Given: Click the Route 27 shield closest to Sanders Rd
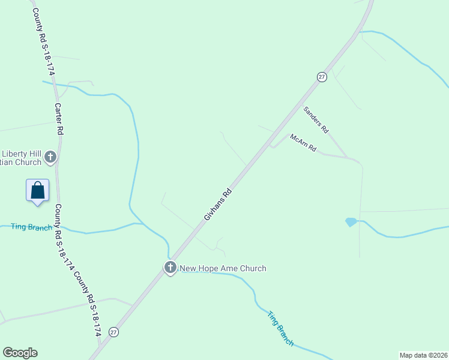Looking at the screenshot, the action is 322,77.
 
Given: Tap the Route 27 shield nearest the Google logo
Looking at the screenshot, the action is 113,332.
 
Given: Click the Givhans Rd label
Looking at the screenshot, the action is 218,205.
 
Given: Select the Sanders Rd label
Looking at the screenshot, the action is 316,120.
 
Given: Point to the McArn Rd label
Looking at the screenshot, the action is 303,143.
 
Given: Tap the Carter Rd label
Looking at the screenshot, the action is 59,118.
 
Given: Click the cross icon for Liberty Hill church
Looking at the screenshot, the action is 50,157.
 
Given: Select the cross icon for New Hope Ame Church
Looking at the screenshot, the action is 170,268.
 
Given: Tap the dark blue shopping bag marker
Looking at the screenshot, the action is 37,191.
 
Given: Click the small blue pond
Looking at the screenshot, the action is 351,222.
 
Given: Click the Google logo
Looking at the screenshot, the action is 20,353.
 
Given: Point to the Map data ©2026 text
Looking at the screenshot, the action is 423,355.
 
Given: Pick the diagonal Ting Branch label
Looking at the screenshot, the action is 281,328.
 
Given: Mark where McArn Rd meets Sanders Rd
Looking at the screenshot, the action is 348,158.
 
